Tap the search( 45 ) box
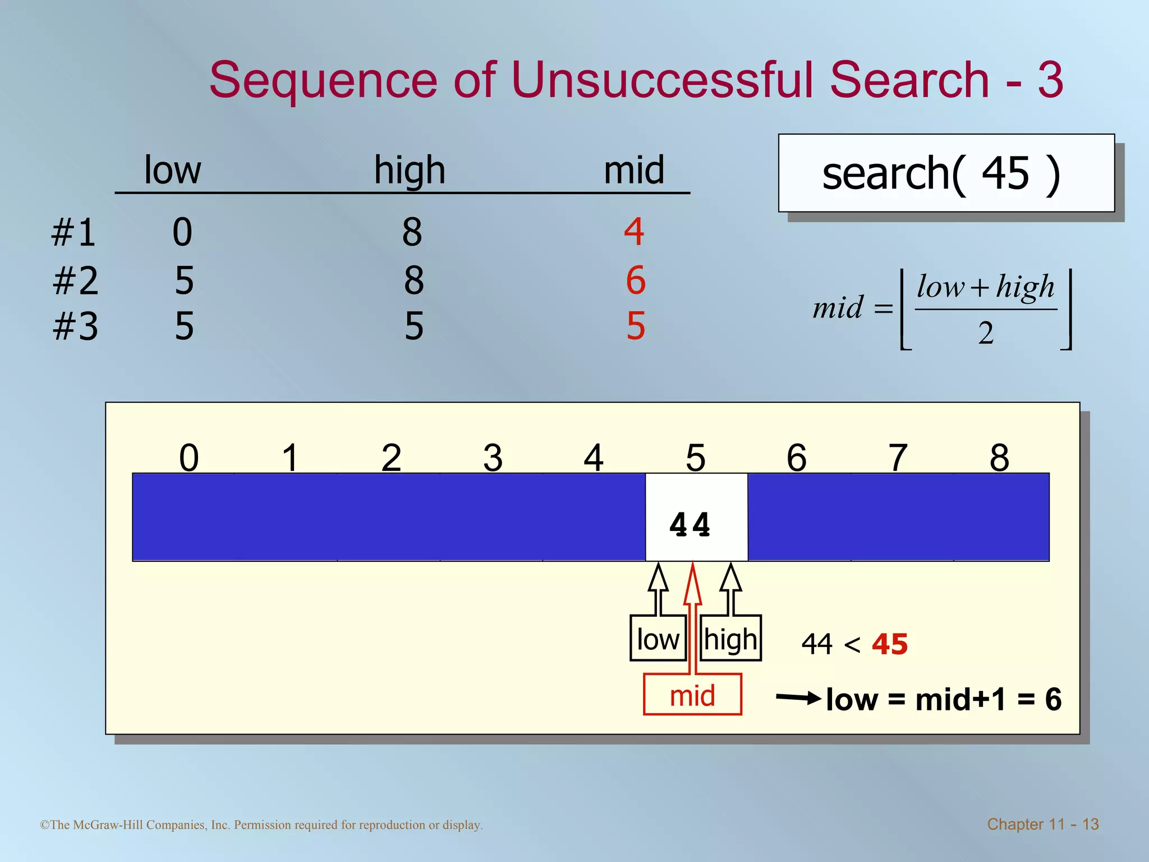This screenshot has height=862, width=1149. pyautogui.click(x=946, y=173)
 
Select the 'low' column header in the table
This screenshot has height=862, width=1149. pyautogui.click(x=172, y=169)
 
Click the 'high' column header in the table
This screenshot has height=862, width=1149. pyautogui.click(x=410, y=169)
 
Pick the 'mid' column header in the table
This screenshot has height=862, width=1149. pyautogui.click(x=634, y=169)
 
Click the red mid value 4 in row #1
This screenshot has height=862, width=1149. pyautogui.click(x=634, y=231)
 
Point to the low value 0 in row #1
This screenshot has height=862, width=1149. pyautogui.click(x=182, y=232)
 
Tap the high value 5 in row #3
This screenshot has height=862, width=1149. pyautogui.click(x=414, y=326)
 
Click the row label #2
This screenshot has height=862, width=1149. pyautogui.click(x=75, y=281)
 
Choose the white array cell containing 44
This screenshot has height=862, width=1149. pyautogui.click(x=696, y=517)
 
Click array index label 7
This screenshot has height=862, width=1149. pyautogui.click(x=898, y=457)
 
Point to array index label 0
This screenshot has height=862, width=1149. pyautogui.click(x=189, y=457)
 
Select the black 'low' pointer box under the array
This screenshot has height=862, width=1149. pyautogui.click(x=658, y=639)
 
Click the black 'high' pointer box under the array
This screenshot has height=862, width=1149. pyautogui.click(x=730, y=639)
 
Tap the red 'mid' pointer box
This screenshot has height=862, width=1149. pyautogui.click(x=692, y=695)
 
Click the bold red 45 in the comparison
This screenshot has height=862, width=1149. pyautogui.click(x=890, y=644)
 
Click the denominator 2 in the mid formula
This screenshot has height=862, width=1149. pyautogui.click(x=986, y=333)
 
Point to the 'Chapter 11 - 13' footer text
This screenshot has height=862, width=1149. pyautogui.click(x=1042, y=824)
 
